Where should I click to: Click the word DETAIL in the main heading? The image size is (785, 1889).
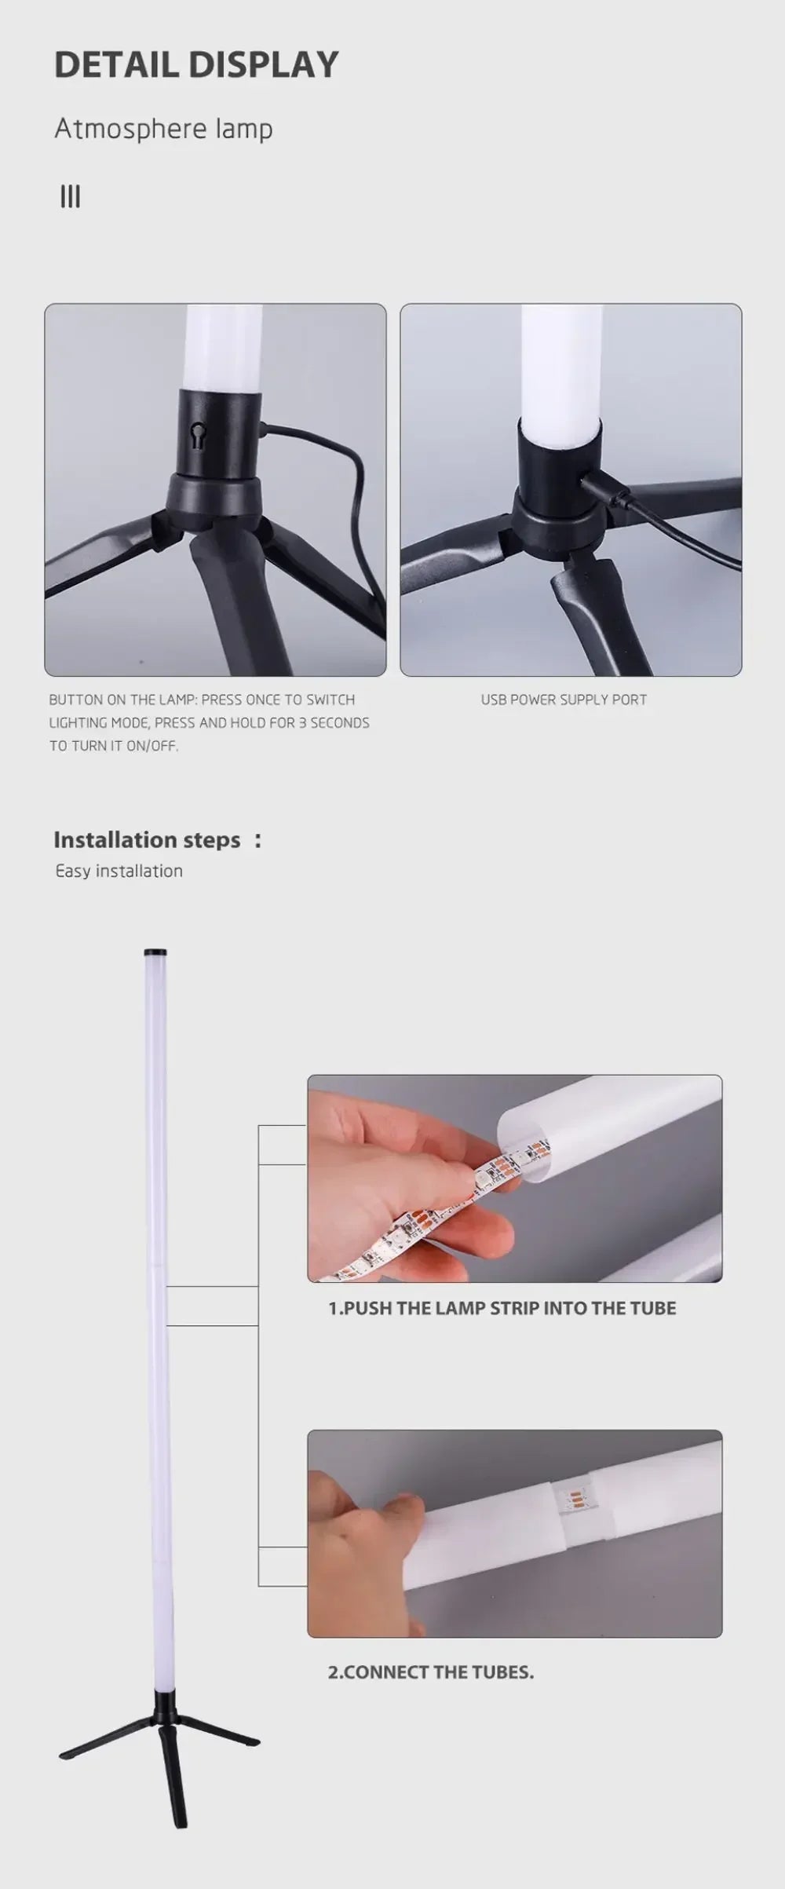pos(115,64)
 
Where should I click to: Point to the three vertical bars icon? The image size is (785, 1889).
pos(70,196)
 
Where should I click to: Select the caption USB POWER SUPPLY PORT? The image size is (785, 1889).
pos(564,700)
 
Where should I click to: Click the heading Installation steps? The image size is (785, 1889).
pos(147,840)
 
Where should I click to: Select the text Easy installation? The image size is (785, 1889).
pos(119,871)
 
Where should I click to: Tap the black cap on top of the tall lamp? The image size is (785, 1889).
pos(151,953)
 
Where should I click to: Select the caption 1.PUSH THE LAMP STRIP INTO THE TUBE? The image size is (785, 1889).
pos(502,1308)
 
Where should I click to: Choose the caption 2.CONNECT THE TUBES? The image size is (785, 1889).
pos(430,1672)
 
